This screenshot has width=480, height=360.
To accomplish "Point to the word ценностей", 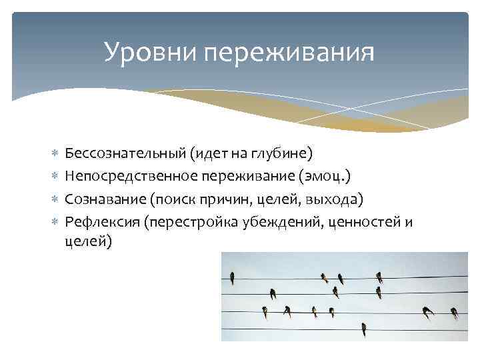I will (x=363, y=221).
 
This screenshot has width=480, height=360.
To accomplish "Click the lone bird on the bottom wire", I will (x=363, y=329).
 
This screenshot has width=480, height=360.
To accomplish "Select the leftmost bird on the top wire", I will (x=231, y=276).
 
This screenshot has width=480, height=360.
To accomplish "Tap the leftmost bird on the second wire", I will (x=273, y=293).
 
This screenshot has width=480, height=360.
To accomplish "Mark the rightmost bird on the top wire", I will (x=379, y=277).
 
